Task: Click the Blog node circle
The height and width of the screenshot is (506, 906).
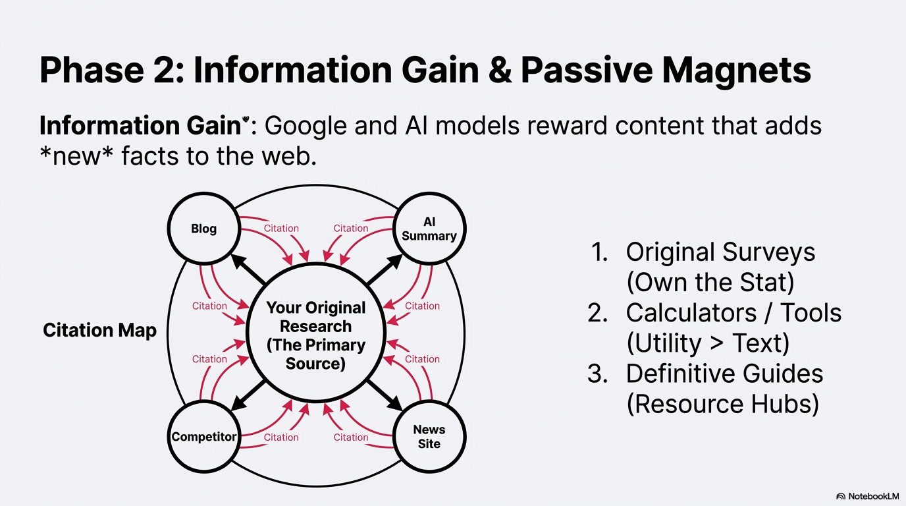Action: (x=203, y=229)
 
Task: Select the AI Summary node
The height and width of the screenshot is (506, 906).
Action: (x=429, y=229)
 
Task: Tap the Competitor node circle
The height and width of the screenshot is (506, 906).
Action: (x=203, y=437)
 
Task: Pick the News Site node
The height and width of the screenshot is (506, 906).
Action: (x=429, y=437)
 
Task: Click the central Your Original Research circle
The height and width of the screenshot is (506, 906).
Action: (x=315, y=335)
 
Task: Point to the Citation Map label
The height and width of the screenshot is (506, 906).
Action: (x=99, y=330)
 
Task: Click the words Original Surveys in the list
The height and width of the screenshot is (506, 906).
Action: (x=720, y=252)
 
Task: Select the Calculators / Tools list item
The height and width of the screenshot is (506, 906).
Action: (x=733, y=312)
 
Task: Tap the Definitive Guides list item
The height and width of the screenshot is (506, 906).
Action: (x=724, y=373)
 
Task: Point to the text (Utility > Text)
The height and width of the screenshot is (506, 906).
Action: (x=707, y=343)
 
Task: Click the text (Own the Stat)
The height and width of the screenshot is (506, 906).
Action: (x=710, y=282)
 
